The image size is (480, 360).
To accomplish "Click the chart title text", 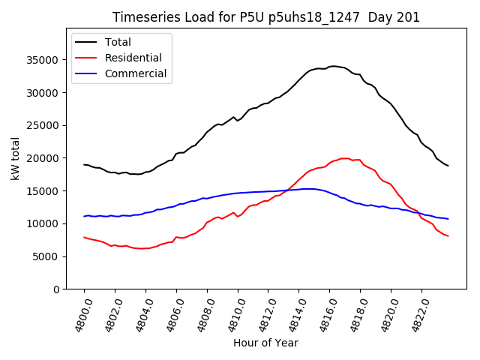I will (x=266, y=17).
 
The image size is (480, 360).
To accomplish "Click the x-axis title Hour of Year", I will (x=265, y=343).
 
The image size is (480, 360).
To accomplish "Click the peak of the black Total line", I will (x=334, y=66).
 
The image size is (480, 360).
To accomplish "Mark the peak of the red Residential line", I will (x=344, y=158).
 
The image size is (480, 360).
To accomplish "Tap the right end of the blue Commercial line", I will (x=448, y=219).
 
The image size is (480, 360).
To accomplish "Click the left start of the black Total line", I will (x=84, y=164).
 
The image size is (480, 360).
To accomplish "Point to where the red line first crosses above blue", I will (x=285, y=190).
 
